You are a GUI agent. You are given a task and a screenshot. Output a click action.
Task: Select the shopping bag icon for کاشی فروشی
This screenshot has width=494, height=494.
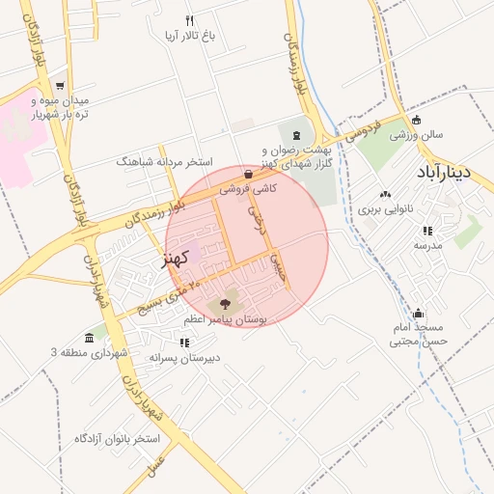pyautogui.click(x=250, y=176)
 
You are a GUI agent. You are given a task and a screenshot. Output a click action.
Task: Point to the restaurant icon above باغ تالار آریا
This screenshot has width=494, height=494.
pyautogui.click(x=190, y=20)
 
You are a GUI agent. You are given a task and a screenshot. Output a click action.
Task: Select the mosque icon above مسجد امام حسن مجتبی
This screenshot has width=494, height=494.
pyautogui.click(x=419, y=314)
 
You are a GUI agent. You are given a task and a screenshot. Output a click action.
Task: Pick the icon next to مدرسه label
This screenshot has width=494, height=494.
pyautogui.click(x=427, y=231)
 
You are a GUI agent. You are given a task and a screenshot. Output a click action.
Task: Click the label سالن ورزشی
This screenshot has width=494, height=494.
pyautogui.click(x=416, y=135)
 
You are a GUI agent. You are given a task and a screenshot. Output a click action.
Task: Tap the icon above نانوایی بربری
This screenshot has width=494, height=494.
pyautogui.click(x=386, y=195)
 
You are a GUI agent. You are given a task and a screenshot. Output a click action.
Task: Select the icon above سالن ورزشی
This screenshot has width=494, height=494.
pyautogui.click(x=416, y=121)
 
